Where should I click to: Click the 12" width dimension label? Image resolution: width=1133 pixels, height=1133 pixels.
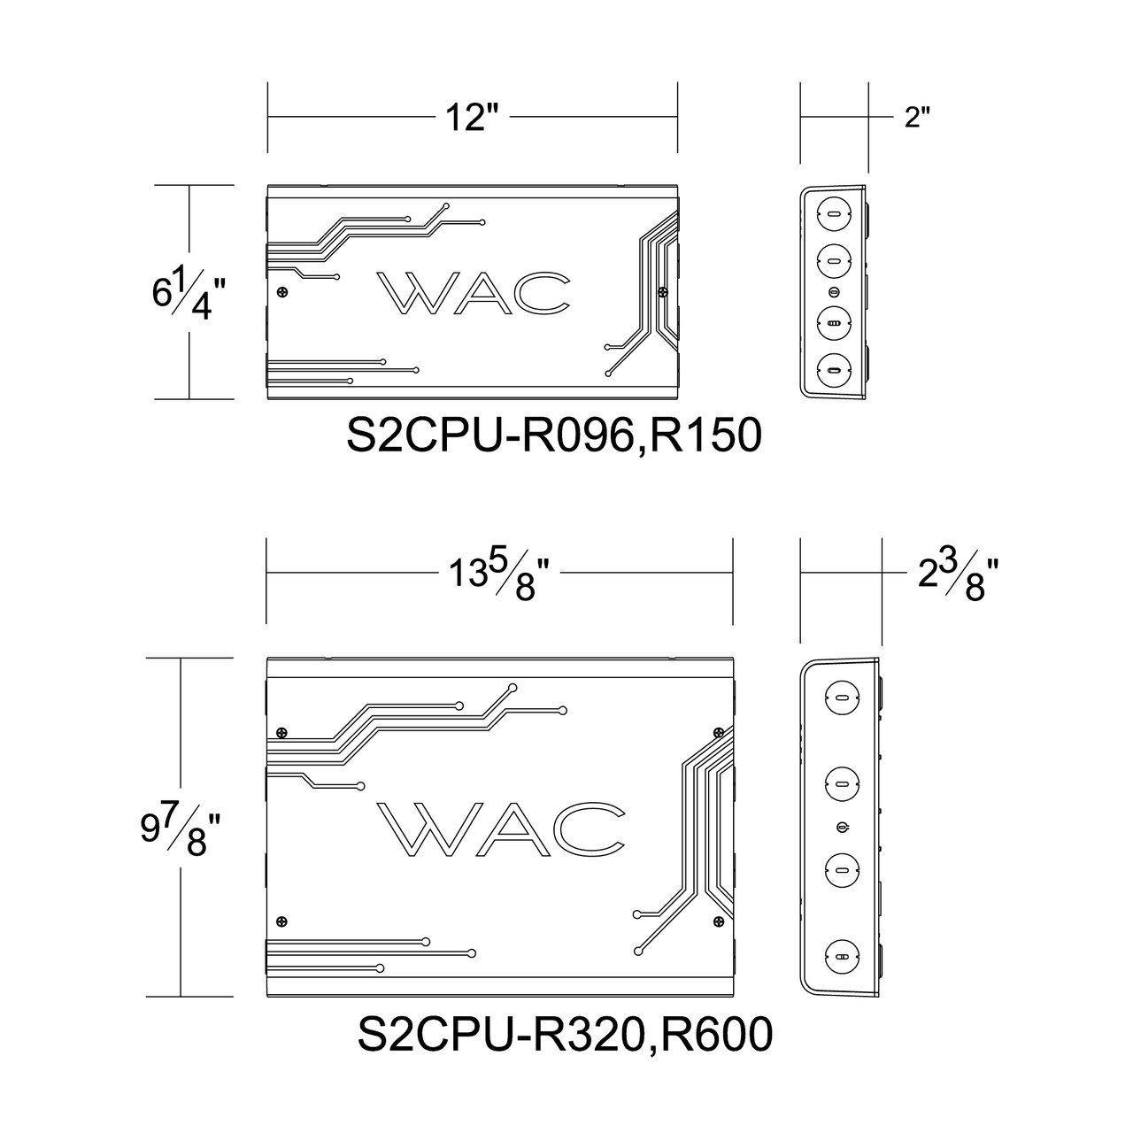pos(473,116)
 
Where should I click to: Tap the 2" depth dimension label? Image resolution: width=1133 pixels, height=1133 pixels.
pos(918,118)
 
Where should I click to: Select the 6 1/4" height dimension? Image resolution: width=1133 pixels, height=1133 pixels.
pos(183,293)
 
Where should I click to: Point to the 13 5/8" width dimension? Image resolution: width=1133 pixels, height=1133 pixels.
pos(502,574)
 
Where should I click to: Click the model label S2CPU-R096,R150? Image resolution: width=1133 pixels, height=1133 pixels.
pos(554,435)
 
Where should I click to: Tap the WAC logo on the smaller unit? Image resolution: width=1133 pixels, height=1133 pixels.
pos(473,292)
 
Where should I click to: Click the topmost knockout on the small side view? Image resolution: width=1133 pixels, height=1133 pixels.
pos(834,212)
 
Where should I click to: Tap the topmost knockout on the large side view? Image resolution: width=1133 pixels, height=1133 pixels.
pos(841,697)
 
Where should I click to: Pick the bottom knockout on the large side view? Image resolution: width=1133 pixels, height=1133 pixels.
pos(841,956)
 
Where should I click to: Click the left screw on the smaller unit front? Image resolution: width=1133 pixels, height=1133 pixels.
pos(282,293)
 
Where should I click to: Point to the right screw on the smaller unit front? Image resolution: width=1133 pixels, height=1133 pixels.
pos(662,290)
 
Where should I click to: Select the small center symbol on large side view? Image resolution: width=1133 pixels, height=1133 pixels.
pos(841,827)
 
